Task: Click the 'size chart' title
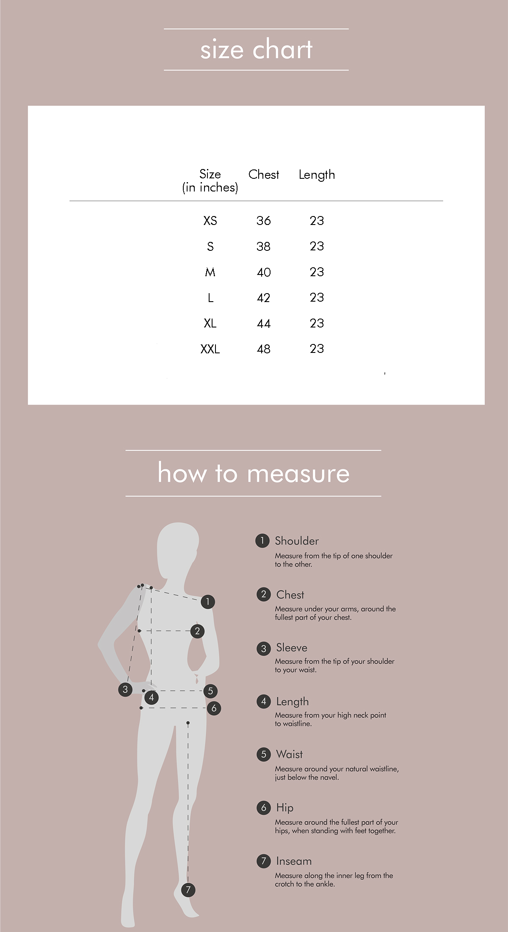click(256, 50)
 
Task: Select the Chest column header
click(264, 175)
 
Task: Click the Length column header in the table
click(317, 175)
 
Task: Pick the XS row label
click(210, 221)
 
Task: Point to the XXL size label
click(210, 349)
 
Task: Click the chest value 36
click(263, 221)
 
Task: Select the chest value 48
click(263, 349)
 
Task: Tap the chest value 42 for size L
click(263, 298)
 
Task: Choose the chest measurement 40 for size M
click(263, 272)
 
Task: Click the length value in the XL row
click(317, 323)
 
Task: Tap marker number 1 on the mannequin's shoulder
click(207, 602)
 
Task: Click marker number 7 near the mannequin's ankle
click(188, 890)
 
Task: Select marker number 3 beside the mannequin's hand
click(125, 689)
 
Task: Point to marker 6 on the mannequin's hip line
click(214, 708)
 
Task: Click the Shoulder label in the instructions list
click(297, 541)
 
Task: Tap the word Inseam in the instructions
click(294, 861)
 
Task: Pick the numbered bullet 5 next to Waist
click(263, 754)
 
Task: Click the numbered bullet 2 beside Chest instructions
click(263, 594)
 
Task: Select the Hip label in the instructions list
click(285, 808)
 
